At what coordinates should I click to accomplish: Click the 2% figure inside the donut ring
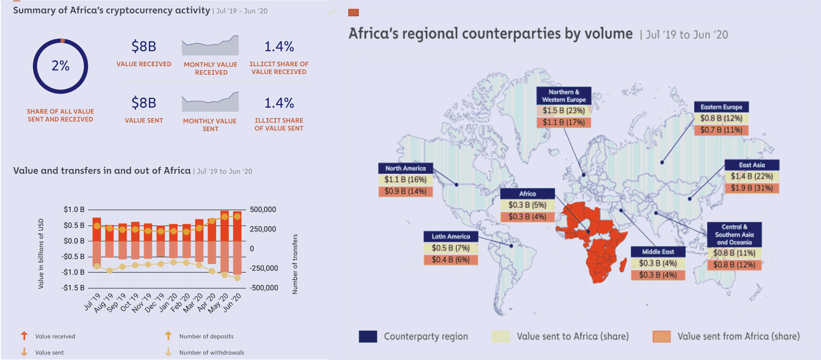tap(60, 66)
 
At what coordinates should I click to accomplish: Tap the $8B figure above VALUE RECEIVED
tap(144, 46)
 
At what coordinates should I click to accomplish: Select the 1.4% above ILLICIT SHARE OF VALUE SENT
tap(279, 103)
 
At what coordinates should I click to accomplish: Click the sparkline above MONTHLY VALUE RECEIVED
tap(210, 46)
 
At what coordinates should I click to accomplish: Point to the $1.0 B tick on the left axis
tap(74, 210)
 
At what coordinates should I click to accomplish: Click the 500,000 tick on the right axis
tap(263, 210)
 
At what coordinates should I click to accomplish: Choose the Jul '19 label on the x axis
tap(92, 302)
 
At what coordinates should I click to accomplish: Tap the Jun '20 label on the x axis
tap(232, 302)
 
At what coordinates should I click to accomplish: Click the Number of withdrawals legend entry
tap(212, 352)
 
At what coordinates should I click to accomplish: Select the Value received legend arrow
tap(24, 336)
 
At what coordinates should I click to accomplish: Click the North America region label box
tap(405, 168)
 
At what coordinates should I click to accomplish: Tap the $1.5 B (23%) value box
tap(563, 110)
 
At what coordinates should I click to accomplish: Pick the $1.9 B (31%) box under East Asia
tap(752, 188)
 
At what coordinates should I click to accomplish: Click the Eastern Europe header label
tap(721, 107)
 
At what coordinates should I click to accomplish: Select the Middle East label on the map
tap(658, 251)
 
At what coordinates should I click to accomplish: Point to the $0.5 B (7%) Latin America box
tap(450, 248)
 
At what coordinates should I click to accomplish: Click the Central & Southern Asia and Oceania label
tap(734, 234)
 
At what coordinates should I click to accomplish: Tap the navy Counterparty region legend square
tap(368, 337)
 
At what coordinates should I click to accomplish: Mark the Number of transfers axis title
tap(295, 264)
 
